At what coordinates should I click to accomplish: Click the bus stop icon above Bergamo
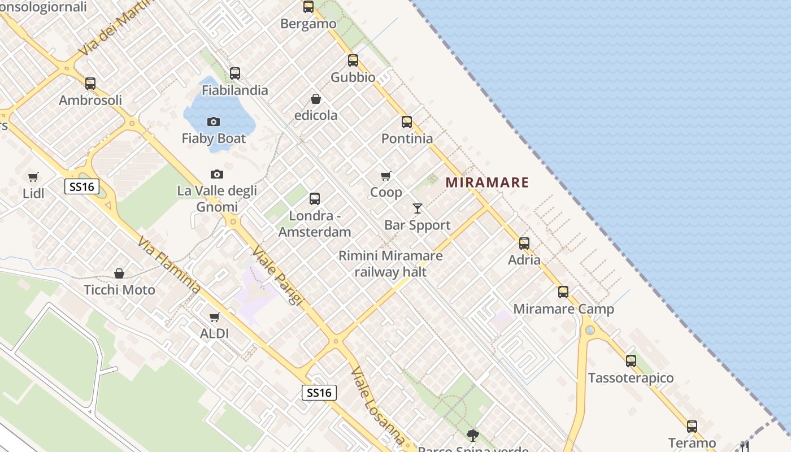point(308,7)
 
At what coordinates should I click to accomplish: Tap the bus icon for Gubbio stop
point(353,60)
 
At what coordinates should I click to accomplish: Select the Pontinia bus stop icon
point(407,122)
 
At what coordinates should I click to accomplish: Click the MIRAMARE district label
point(487,182)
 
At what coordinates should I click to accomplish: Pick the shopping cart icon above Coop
point(386,176)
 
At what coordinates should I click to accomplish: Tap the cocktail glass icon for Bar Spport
point(418,208)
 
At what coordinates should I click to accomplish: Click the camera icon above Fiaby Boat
point(214,121)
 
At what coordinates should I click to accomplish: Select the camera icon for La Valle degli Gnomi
point(216,174)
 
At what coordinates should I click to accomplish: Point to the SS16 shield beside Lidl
point(82,186)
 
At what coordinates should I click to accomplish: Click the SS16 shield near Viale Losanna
point(319,393)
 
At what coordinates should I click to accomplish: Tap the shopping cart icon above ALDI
point(215,318)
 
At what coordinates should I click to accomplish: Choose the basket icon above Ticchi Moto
point(119,274)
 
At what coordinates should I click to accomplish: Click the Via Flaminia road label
point(169,266)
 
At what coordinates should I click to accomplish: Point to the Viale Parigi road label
point(277,275)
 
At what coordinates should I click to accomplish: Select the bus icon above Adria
point(524,244)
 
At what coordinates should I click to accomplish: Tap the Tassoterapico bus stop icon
point(631,361)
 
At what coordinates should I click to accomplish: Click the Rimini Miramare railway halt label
point(390,264)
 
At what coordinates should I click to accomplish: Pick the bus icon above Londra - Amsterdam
point(315,199)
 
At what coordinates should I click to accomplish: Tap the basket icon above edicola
point(316,99)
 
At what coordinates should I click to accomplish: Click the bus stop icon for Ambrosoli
point(90,84)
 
